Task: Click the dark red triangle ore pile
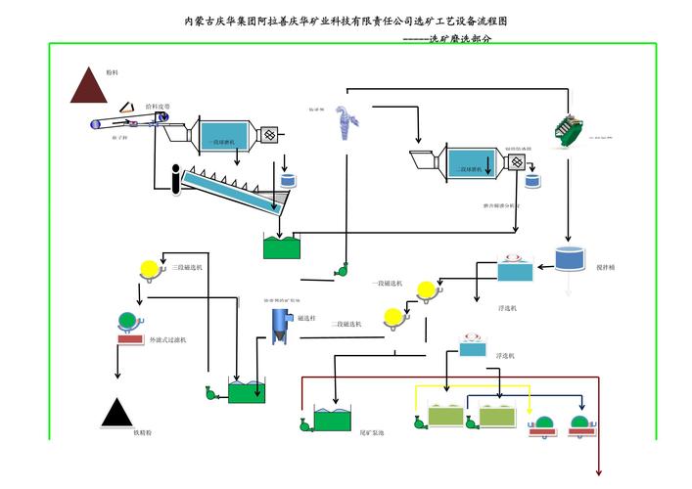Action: pyautogui.click(x=89, y=88)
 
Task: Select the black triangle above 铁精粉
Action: pyautogui.click(x=117, y=414)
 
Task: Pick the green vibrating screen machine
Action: pyautogui.click(x=566, y=132)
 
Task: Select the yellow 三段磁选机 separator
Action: pyautogui.click(x=150, y=268)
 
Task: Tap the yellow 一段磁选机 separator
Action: pyautogui.click(x=424, y=289)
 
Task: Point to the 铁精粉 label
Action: pyautogui.click(x=144, y=431)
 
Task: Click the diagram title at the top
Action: pyautogui.click(x=346, y=21)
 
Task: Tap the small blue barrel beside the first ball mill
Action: pyautogui.click(x=289, y=181)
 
